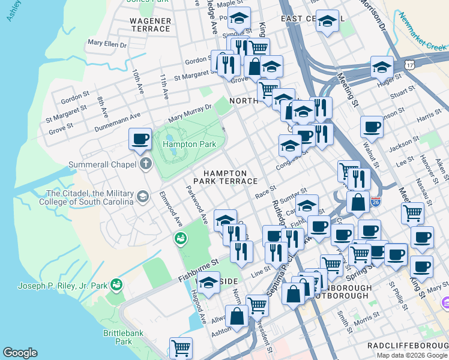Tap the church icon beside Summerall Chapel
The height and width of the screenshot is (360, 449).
click(x=145, y=164)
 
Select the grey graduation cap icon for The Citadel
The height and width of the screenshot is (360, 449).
click(x=143, y=196)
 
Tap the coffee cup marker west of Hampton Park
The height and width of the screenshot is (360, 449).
click(x=140, y=139)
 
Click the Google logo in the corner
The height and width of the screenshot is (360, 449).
click(x=20, y=353)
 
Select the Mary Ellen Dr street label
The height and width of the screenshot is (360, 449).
click(x=107, y=43)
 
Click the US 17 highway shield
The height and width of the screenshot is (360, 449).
click(x=409, y=63)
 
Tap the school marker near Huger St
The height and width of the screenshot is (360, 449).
click(x=382, y=67)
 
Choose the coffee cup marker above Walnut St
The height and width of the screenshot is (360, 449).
click(x=372, y=127)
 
